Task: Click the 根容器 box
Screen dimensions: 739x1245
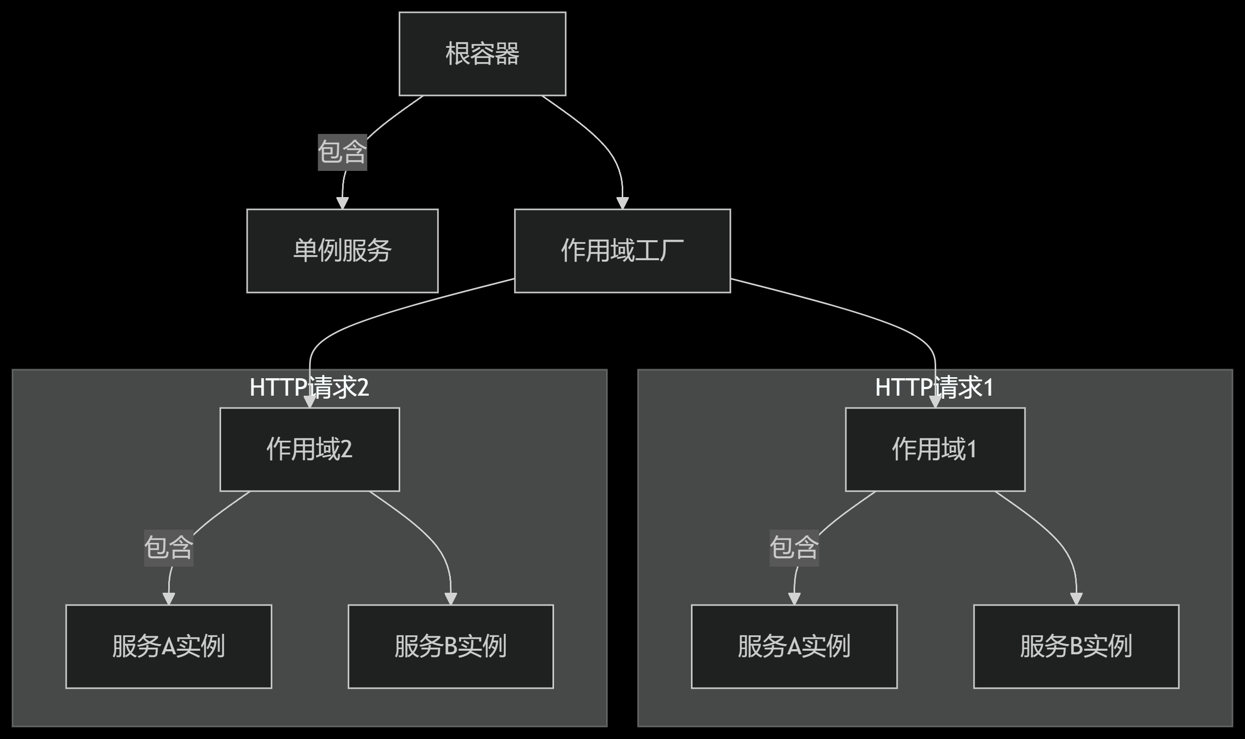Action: [x=482, y=54]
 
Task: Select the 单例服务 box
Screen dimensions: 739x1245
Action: [x=342, y=250]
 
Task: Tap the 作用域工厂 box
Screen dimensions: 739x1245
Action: [x=622, y=250]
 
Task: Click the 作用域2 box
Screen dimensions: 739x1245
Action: [x=309, y=449]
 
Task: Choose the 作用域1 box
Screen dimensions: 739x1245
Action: [x=935, y=449]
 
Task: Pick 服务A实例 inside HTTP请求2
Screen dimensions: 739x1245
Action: [x=168, y=646]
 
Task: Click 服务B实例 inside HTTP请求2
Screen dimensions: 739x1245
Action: [x=450, y=646]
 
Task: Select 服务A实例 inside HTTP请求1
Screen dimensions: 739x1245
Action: [x=794, y=646]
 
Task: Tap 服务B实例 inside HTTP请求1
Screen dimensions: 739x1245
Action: [x=1076, y=646]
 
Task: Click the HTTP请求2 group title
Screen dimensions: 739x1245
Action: [x=309, y=387]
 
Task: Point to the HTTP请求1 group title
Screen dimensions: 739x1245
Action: [x=934, y=387]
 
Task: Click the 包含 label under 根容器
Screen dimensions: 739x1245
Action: [x=342, y=152]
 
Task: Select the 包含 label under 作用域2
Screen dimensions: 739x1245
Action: [x=168, y=548]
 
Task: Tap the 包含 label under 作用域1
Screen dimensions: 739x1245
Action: [x=794, y=548]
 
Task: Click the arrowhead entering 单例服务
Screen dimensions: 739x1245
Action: [x=342, y=203]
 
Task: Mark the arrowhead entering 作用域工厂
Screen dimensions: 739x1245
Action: [x=622, y=203]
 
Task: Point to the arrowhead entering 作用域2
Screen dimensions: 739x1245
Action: [x=309, y=401]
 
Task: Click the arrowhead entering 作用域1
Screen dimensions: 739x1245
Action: [x=935, y=401]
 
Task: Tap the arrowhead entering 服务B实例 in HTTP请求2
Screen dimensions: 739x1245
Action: [x=450, y=598]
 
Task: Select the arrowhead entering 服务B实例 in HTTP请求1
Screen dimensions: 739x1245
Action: [x=1076, y=598]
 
